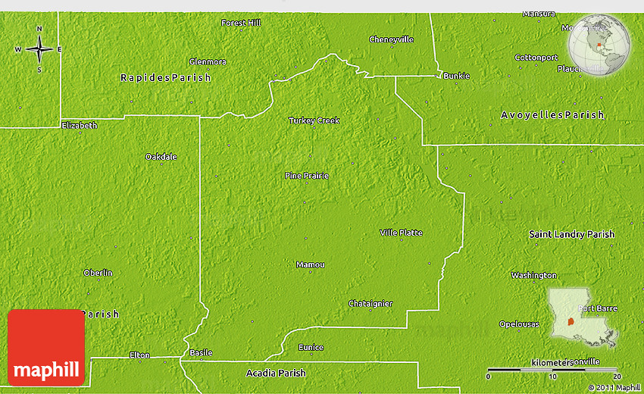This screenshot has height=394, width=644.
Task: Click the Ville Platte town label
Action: [401, 233]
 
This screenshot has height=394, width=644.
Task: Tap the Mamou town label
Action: [311, 264]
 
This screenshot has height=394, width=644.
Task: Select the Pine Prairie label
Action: [307, 176]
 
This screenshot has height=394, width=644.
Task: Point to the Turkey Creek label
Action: [314, 120]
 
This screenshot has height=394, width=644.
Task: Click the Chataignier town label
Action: [370, 304]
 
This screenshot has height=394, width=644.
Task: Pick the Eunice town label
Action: [311, 348]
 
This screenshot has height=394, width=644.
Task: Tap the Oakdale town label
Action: [161, 157]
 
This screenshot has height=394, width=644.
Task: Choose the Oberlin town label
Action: [98, 273]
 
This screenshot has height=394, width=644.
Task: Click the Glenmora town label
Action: [208, 62]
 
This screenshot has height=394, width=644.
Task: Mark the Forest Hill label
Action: [241, 23]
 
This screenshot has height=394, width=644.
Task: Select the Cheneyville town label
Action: [391, 39]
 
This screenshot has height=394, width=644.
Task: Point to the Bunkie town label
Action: [457, 76]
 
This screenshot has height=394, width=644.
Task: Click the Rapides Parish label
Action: [166, 78]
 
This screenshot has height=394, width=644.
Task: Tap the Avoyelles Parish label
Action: [552, 115]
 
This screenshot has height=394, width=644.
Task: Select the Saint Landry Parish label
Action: [571, 235]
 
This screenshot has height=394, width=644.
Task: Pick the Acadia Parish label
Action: [276, 373]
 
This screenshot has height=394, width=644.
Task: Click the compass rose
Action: [39, 49]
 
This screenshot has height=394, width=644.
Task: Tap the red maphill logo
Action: [46, 347]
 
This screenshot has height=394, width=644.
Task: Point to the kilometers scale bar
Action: [553, 369]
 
